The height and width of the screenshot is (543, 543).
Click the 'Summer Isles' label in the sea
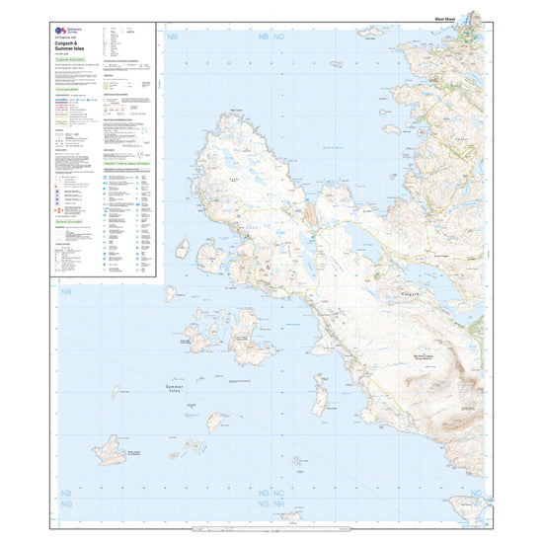(173, 389)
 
